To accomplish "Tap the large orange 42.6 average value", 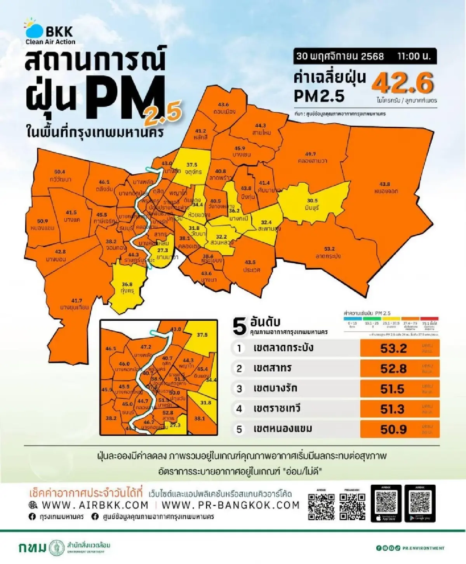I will (402, 83).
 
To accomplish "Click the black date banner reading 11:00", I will (364, 56).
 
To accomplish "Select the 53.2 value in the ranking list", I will (393, 348).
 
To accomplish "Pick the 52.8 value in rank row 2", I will (393, 368).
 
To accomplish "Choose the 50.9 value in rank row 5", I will (393, 429).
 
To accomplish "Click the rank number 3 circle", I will (239, 389).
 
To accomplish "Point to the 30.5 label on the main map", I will (312, 201).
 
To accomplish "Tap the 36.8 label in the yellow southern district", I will (127, 285).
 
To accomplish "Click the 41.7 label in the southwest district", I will (77, 300).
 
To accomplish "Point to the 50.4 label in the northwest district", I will (60, 172).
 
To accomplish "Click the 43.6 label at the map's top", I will (223, 105).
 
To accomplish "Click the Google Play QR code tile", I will (420, 503).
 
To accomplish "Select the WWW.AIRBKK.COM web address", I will (94, 505).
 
